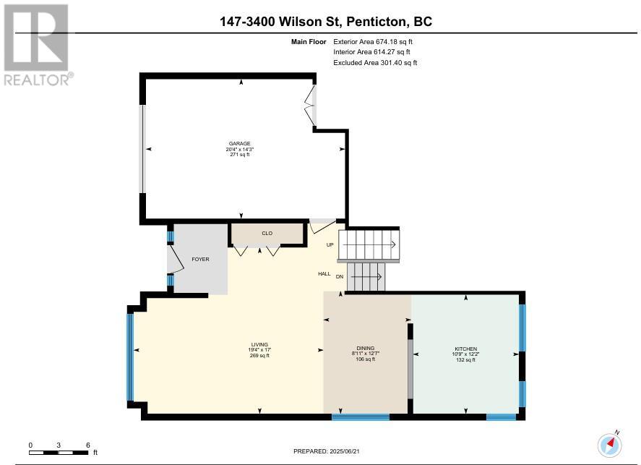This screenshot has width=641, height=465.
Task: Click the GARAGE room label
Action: tap(239, 143)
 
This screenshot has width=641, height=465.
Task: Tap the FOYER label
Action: tap(200, 260)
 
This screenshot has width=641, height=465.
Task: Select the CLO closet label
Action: tap(267, 233)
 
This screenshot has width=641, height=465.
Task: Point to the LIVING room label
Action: tap(259, 344)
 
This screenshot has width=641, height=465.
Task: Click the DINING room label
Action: tap(366, 348)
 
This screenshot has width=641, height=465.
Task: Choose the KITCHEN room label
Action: tap(465, 349)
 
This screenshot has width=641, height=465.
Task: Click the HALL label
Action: tap(324, 273)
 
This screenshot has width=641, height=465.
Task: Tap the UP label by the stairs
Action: tap(330, 245)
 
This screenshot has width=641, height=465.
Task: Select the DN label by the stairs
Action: tap(340, 277)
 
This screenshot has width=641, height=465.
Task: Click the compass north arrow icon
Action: tap(610, 444)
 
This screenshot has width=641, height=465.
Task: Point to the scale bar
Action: tap(59, 452)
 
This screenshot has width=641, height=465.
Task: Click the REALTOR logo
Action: tap(38, 45)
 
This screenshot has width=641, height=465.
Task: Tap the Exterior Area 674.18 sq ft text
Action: tap(373, 42)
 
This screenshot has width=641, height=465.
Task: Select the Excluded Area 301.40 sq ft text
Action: tap(375, 63)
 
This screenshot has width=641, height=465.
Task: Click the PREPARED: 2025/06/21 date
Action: tap(326, 451)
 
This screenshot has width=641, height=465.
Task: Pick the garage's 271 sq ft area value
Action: tap(239, 155)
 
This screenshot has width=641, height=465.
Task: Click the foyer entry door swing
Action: tap(176, 260)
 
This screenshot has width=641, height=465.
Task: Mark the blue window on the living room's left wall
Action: tap(130, 357)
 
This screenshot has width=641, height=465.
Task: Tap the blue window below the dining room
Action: tap(361, 417)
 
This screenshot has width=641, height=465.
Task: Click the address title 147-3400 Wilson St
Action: tap(280, 21)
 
